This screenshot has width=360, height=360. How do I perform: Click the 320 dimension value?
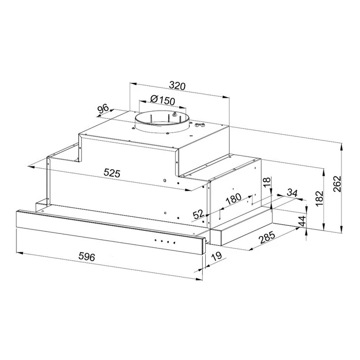pos(177,86)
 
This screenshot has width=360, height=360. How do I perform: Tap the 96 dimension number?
pos(103,109)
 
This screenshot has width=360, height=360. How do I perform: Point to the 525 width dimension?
pos(112,173)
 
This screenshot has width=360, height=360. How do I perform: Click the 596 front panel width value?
pos(86,257)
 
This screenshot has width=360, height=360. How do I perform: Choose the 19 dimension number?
pos(217,256)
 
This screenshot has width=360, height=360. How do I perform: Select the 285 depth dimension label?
pos(267,238)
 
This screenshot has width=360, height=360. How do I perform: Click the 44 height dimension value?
pos(302,221)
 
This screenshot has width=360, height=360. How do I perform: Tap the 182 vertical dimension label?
pos(319,199)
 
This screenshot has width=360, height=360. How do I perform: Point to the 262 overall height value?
pos(337,184)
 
